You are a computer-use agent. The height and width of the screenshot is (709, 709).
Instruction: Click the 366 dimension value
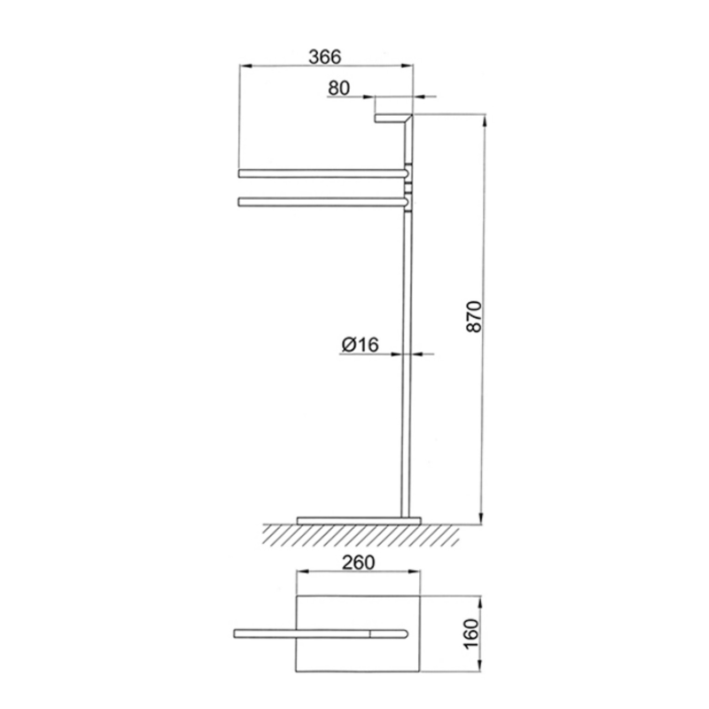click(325, 57)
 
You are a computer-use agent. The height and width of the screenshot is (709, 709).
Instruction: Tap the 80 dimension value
click(339, 88)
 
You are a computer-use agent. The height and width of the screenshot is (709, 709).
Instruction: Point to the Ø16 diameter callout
click(360, 344)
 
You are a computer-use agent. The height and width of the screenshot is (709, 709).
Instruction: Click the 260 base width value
click(358, 562)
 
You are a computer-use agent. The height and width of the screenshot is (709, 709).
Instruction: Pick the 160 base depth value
click(472, 633)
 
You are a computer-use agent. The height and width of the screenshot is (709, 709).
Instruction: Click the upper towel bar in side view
click(323, 173)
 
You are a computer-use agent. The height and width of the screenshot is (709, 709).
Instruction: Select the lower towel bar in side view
click(323, 202)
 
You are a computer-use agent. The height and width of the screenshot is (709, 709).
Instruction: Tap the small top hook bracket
click(393, 118)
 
